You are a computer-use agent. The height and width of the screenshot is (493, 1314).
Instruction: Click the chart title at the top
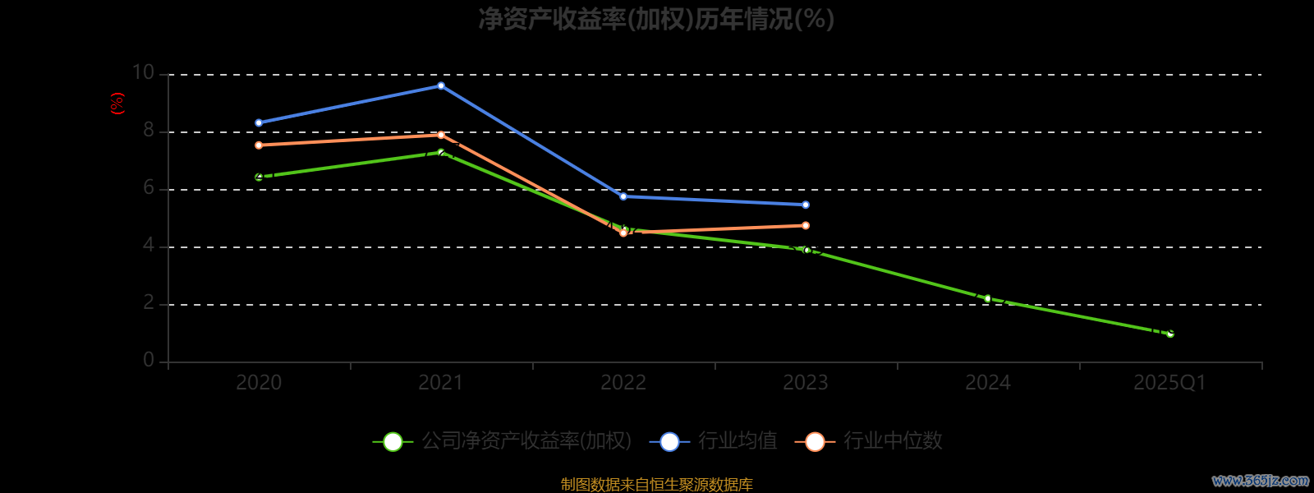(656, 19)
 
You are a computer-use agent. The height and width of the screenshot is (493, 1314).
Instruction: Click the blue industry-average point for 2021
(441, 85)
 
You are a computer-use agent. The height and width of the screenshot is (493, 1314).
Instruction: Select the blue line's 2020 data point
(259, 123)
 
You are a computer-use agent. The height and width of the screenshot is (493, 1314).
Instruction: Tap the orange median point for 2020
(259, 145)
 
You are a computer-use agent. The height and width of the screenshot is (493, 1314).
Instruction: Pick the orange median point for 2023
(806, 225)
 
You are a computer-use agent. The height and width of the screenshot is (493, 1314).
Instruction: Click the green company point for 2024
(987, 298)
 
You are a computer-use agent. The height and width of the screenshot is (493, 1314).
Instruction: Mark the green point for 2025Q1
(1170, 334)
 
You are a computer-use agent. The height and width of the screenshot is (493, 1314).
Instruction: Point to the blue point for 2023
(806, 205)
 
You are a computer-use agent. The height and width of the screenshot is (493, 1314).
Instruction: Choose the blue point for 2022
(623, 196)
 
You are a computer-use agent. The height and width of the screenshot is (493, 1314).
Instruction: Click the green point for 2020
(259, 177)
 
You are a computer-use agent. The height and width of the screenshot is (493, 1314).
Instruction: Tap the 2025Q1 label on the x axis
(1169, 383)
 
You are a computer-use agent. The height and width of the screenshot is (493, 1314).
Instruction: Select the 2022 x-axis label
(623, 383)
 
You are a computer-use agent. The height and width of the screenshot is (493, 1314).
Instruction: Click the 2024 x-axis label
(987, 383)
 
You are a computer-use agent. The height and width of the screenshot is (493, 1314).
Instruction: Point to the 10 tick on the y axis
(143, 73)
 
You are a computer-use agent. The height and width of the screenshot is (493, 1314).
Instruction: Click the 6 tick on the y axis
(149, 188)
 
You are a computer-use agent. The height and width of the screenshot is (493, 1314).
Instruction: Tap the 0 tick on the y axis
(149, 361)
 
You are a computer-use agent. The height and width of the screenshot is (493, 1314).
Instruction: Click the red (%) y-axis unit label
(117, 104)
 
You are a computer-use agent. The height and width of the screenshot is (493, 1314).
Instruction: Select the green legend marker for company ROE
(393, 441)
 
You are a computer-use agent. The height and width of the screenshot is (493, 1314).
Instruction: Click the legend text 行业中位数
(893, 441)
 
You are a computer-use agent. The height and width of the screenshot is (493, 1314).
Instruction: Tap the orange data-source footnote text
(656, 485)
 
